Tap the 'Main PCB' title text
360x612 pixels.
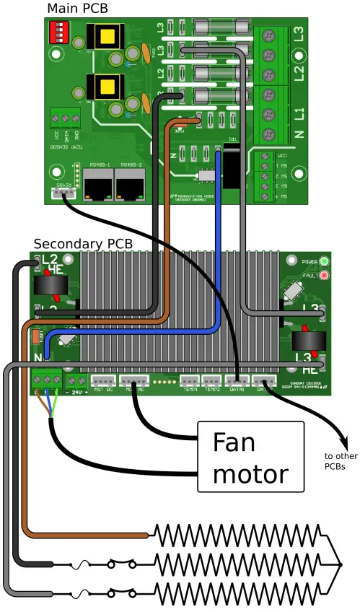point(77,8)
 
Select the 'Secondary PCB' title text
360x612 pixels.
point(83,244)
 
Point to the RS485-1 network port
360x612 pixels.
point(97,188)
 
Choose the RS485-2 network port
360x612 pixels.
point(129,188)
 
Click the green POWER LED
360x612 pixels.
point(324,261)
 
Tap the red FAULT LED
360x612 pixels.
point(324,276)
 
